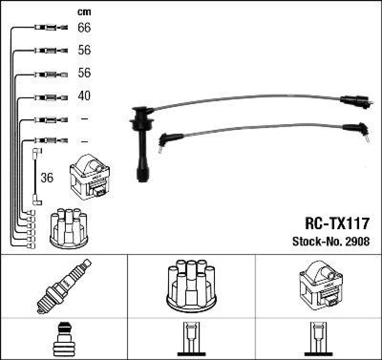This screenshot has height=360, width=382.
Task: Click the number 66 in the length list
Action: click(84, 28)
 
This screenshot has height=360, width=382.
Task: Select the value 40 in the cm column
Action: click(84, 96)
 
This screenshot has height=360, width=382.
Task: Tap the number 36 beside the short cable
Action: click(47, 178)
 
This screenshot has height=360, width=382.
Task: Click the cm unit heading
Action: click(84, 11)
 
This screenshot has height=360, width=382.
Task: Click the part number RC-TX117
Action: click(337, 223)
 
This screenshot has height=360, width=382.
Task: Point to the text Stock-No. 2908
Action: click(330, 242)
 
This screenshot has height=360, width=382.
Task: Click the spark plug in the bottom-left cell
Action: click(64, 286)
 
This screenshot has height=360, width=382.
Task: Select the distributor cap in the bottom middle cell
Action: click(191, 285)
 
